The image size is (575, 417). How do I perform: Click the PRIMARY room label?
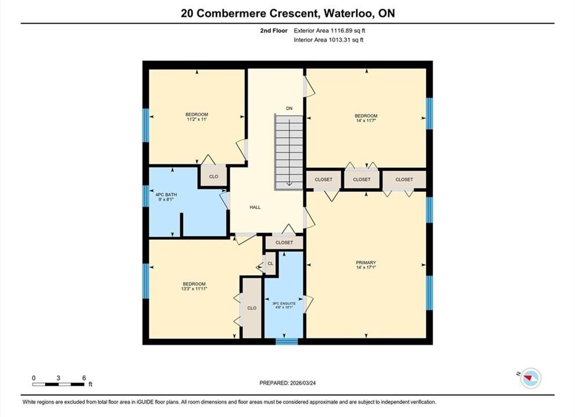pos(365,262)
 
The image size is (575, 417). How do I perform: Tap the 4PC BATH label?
pos(166,195)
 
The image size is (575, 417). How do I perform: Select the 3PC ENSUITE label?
pos(284,303)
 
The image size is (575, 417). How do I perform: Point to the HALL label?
pos(255,207)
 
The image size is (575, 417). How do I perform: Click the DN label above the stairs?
pos(290,108)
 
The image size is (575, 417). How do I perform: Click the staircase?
pos(289,152)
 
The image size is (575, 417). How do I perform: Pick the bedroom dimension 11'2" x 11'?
pos(196,119)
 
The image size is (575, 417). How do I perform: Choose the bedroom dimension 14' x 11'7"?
pos(366,120)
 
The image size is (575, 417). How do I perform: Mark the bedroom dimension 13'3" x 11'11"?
pos(194,288)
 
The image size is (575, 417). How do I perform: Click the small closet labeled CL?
pos(270,264)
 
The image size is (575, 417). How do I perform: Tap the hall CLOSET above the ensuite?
pos(284,243)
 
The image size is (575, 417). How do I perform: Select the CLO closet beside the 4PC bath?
pos(214,177)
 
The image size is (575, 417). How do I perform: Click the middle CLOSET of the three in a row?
pos(361,180)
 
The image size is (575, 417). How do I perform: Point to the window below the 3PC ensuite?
pos(287,342)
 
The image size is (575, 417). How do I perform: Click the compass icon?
pos(530,378)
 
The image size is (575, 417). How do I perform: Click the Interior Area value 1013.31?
pos(342,40)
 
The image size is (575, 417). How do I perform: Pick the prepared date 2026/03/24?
pos(302,383)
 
